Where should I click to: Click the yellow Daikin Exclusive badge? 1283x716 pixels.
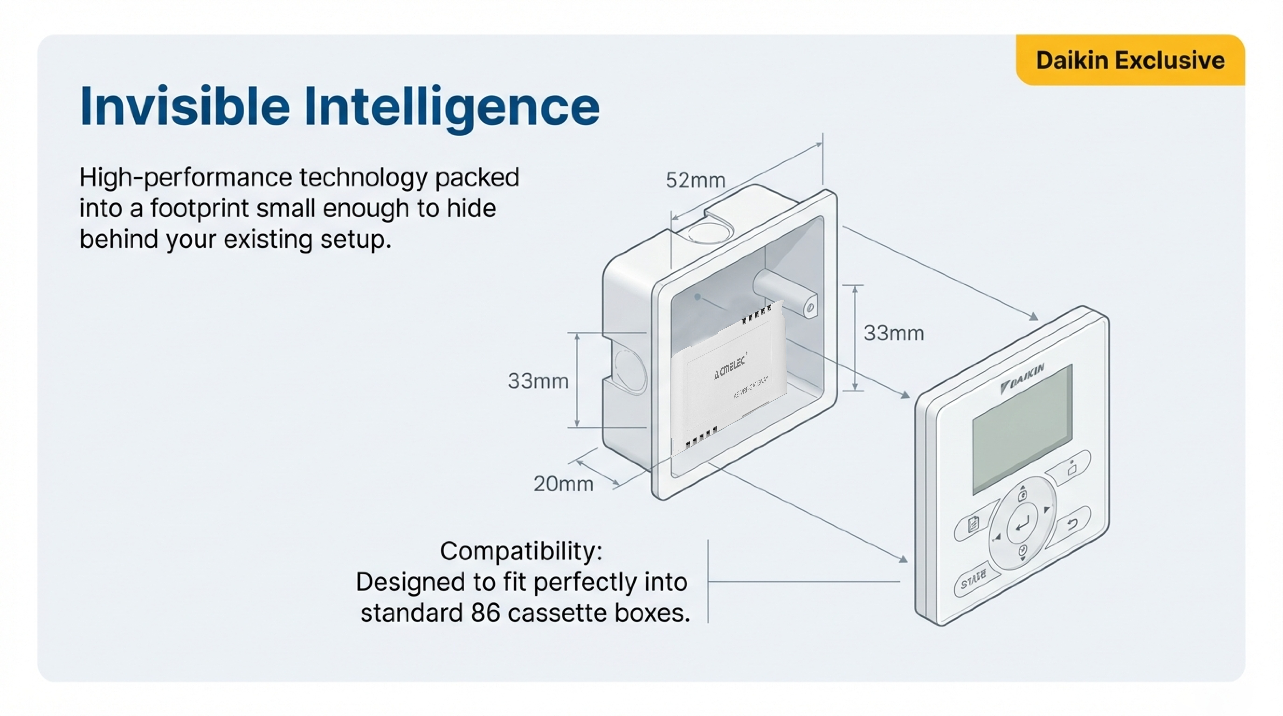[1130, 60]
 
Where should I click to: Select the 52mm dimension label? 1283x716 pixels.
[695, 180]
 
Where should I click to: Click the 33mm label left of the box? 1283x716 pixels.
[538, 381]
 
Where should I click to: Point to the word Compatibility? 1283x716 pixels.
[521, 551]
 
